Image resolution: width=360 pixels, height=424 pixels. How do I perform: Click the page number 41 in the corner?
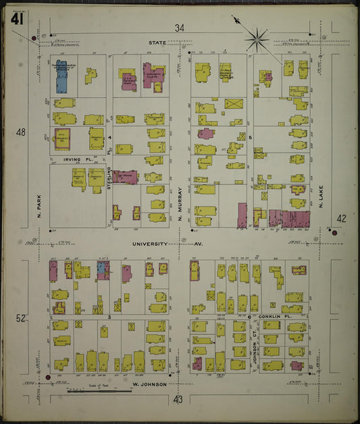[18, 20]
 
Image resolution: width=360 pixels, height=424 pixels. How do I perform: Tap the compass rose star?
[257, 38]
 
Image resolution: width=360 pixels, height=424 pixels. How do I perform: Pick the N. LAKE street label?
[322, 196]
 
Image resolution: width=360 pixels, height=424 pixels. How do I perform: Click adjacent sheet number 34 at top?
[179, 28]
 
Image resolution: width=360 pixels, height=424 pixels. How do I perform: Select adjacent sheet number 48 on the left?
[20, 132]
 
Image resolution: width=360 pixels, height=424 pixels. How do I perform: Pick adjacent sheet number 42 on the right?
[341, 218]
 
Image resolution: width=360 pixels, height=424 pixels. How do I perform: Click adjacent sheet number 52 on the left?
[20, 318]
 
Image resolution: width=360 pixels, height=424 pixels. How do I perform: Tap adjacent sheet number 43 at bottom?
[178, 400]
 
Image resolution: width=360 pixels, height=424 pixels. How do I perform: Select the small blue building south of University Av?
[103, 270]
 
